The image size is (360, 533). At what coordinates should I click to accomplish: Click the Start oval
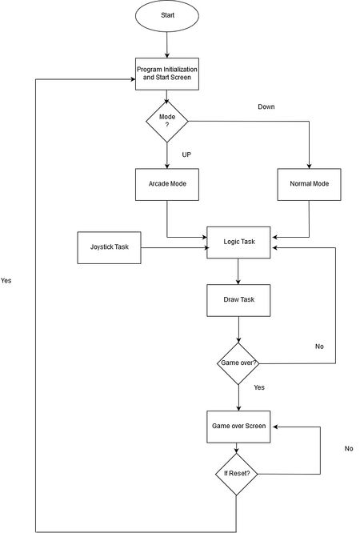(167, 16)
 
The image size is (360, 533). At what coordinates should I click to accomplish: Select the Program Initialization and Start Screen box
(167, 74)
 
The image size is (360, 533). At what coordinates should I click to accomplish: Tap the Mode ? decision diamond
(167, 122)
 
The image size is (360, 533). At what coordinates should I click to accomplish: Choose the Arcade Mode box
(167, 184)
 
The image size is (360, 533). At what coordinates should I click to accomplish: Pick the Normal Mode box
(309, 184)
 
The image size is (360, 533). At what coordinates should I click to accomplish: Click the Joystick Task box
(109, 247)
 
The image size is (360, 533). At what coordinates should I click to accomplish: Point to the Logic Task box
(238, 242)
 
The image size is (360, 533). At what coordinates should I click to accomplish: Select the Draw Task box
(238, 300)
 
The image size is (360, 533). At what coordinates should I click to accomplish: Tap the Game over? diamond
(238, 363)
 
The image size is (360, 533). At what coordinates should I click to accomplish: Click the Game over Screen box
(238, 427)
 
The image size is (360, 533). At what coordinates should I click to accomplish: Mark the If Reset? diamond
(237, 474)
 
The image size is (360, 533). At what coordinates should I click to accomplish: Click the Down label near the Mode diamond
(266, 106)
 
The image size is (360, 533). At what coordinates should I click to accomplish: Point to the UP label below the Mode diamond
(186, 154)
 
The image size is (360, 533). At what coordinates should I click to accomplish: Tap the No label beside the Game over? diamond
(319, 347)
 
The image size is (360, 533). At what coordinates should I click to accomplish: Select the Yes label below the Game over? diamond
(259, 387)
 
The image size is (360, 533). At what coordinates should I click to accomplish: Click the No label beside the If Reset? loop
(349, 448)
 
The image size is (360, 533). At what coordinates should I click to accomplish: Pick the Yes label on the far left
(6, 281)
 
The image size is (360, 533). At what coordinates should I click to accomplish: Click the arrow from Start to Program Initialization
(167, 45)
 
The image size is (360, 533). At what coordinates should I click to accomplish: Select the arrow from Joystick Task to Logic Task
(174, 248)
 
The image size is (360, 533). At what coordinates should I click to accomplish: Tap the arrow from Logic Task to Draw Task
(238, 271)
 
